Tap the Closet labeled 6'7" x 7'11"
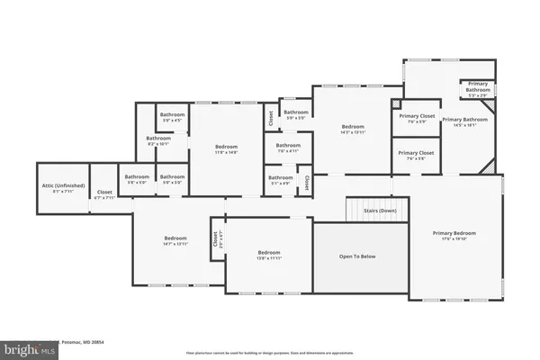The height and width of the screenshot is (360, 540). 104,193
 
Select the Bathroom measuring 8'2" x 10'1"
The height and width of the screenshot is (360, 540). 159,139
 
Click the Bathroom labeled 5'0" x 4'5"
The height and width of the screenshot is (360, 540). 173,117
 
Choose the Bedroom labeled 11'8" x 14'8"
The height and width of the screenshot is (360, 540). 226,148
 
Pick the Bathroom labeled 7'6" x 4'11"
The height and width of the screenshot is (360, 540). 288,148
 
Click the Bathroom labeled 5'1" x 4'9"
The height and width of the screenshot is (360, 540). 281,179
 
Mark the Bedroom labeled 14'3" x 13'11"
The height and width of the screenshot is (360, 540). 352,130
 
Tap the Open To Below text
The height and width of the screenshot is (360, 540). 357,256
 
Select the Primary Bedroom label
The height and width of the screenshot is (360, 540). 454,236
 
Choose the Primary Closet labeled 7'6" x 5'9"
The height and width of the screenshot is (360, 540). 416,119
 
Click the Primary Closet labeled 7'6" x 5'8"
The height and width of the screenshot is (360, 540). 416,156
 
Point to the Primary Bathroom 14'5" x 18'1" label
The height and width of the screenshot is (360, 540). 464,122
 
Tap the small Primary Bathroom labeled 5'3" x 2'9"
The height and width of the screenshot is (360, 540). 478,86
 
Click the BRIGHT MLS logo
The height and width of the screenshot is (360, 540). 27,346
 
